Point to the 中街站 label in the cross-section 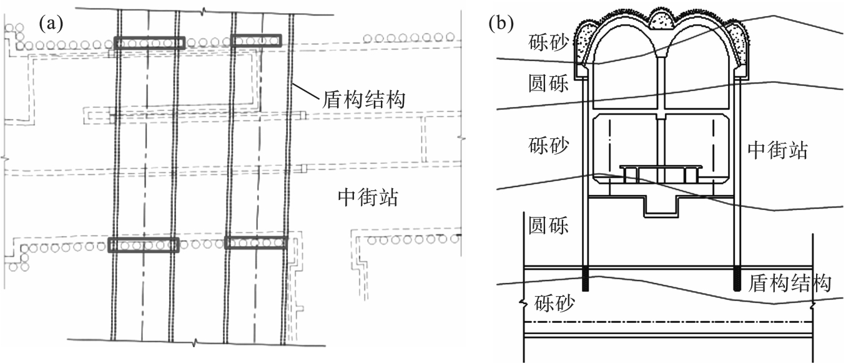[777, 150]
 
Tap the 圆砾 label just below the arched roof [548, 84]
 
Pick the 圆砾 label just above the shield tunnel [548, 224]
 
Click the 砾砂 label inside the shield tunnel [555, 304]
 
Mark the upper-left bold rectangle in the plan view [150, 42]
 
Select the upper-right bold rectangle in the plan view [256, 41]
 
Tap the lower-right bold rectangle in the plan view [256, 242]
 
